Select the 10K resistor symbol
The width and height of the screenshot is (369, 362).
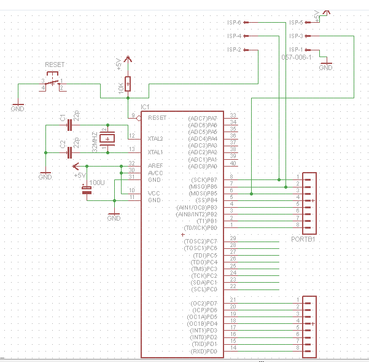pos(128,83)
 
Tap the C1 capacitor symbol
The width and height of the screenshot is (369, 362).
pos(69,125)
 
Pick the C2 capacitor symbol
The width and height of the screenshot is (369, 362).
pos(69,151)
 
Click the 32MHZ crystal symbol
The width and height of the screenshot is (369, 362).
pos(109,140)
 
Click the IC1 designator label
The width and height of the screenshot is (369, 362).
pos(145,107)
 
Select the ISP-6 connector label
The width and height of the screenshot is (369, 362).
pos(234,22)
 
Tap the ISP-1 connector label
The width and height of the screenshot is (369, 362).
pos(296,49)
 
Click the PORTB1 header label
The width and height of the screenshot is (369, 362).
pos(303,238)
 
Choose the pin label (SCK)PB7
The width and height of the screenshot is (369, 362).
pos(204,179)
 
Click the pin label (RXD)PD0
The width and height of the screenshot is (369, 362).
pos(204,352)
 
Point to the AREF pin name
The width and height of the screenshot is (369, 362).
pos(155,166)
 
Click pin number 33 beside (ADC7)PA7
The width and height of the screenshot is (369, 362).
pos(233,115)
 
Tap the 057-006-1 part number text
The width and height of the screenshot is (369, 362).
pos(297,57)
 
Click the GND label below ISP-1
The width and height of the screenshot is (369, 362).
pos(325,68)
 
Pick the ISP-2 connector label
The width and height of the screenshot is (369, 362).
pos(234,49)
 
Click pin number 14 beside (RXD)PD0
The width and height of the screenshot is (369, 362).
pos(233,348)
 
